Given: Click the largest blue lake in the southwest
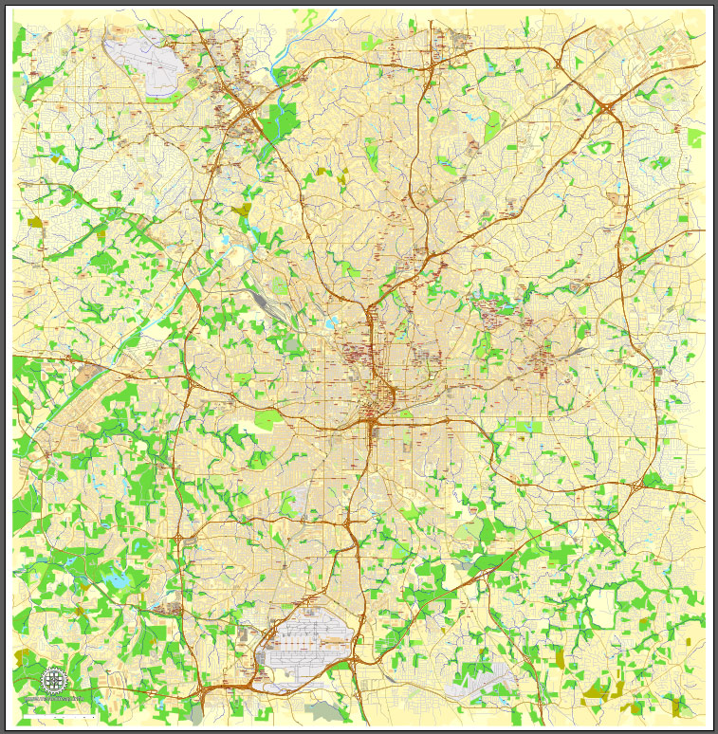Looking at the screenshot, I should coord(119,578).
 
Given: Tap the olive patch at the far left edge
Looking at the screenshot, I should coord(36,222).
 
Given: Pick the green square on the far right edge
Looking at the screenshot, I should coord(696,138).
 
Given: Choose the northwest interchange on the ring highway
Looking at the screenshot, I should coord(249,118).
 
